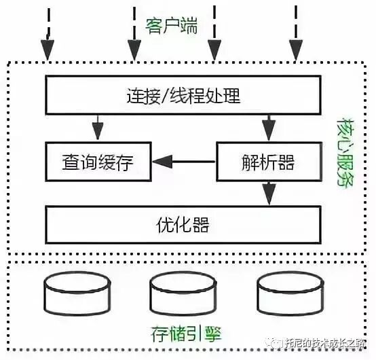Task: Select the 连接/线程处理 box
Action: point(183,95)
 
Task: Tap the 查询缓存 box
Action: point(97,162)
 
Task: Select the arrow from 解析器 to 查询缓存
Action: point(183,162)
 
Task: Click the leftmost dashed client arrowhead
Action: point(48,50)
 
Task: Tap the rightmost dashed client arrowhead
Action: point(297,50)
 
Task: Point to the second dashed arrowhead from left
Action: point(134,50)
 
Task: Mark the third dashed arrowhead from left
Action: point(214,50)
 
